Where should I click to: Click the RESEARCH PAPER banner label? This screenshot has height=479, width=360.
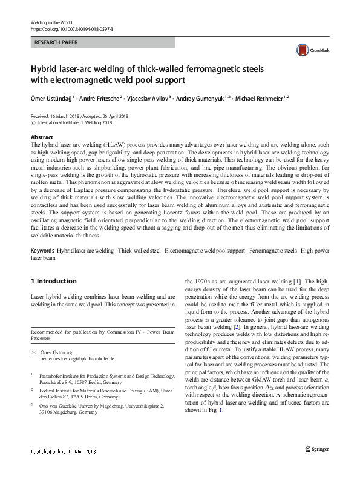click(x=57, y=43)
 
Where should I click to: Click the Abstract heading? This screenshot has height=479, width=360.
click(x=42, y=138)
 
